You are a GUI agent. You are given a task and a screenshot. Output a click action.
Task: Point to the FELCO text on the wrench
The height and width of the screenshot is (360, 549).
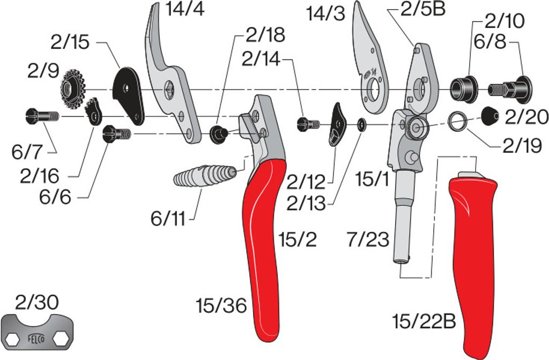coord(36,339)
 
